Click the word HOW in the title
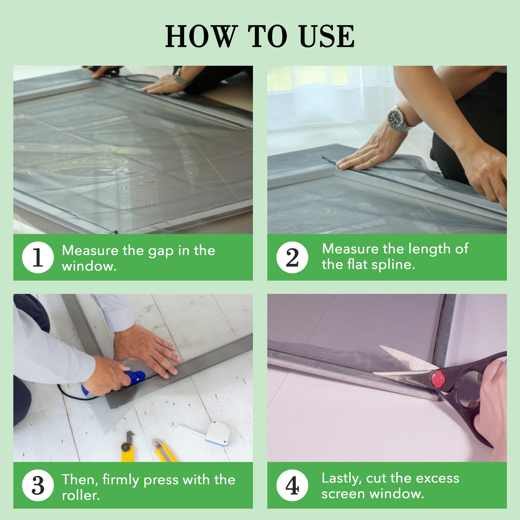(x=202, y=36)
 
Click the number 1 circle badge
(x=38, y=257)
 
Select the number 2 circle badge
(x=292, y=257)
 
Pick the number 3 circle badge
(x=38, y=485)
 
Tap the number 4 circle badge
(x=292, y=485)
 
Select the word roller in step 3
(x=81, y=495)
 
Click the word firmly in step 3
(x=121, y=480)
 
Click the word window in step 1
(x=89, y=266)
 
